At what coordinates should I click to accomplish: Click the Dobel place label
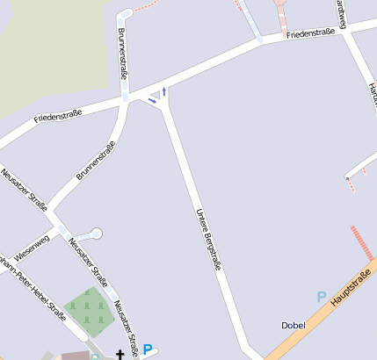click(x=293, y=326)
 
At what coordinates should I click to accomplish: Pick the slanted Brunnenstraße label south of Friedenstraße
click(x=95, y=161)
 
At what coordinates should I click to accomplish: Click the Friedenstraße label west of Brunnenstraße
click(x=58, y=115)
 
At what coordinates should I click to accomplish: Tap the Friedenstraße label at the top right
click(x=313, y=33)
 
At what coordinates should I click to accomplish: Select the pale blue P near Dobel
click(x=322, y=297)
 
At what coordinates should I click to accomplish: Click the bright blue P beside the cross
click(x=148, y=349)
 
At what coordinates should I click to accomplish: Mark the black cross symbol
click(x=120, y=354)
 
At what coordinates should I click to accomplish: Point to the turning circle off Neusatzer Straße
click(x=96, y=233)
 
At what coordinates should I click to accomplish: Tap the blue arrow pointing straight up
click(x=164, y=90)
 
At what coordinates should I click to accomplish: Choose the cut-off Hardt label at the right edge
click(x=372, y=92)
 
